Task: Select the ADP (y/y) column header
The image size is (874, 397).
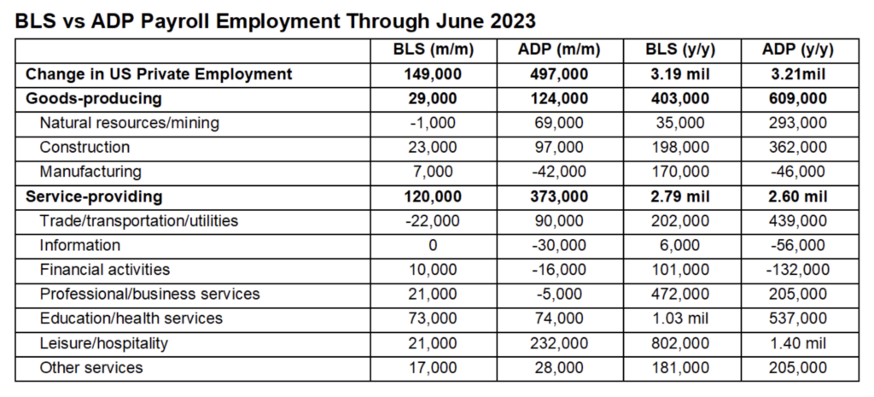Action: [x=798, y=50]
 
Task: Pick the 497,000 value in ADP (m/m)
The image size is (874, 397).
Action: [x=553, y=74]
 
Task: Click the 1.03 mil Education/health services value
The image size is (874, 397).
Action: [x=679, y=318]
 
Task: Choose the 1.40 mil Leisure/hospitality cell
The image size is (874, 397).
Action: [x=798, y=343]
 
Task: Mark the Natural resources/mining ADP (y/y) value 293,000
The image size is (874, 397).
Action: [x=798, y=123]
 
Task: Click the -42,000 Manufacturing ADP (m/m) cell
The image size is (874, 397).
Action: [x=553, y=172]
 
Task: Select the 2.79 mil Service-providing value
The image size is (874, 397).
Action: [x=679, y=196]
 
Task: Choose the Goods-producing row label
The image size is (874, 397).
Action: [x=94, y=98]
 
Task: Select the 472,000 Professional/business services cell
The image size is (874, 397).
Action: [x=679, y=294]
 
